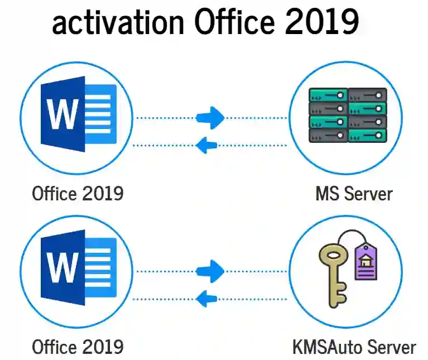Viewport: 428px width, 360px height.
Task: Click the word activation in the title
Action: pyautogui.click(x=118, y=23)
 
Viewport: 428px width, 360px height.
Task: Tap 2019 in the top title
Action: pyautogui.click(x=322, y=21)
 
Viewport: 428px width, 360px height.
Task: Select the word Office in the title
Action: pyautogui.click(x=234, y=21)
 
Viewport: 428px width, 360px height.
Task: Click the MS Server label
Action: pyautogui.click(x=354, y=194)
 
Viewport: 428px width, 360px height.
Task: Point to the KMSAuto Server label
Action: pyautogui.click(x=354, y=347)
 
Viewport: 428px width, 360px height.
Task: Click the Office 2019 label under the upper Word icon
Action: pyautogui.click(x=78, y=194)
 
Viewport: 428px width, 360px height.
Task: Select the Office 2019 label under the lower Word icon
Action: pyautogui.click(x=78, y=347)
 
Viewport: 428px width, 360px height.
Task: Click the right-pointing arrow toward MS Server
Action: pyautogui.click(x=210, y=118)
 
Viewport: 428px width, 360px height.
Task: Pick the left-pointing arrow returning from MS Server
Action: pyautogui.click(x=206, y=145)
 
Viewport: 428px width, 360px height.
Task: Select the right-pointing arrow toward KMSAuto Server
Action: pyautogui.click(x=210, y=271)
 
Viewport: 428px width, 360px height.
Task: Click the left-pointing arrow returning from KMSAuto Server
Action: pyautogui.click(x=206, y=299)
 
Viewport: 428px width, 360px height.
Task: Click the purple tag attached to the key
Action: pyautogui.click(x=366, y=261)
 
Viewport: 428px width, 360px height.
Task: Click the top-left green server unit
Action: pyautogui.click(x=328, y=95)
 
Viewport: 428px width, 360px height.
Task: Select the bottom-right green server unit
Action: pyautogui.click(x=367, y=136)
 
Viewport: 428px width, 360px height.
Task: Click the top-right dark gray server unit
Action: pyautogui.click(x=367, y=95)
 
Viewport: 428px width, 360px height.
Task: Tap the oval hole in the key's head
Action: pyautogui.click(x=333, y=256)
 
